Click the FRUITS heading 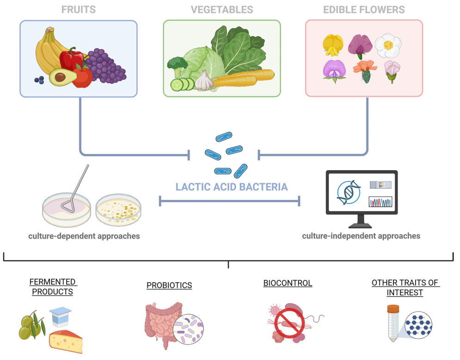click(78, 10)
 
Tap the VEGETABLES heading click(222, 10)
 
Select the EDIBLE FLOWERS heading click(364, 10)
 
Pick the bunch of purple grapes click(105, 66)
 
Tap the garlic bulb click(204, 80)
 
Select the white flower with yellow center click(388, 45)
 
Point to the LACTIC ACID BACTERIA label click(232, 187)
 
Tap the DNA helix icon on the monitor click(349, 192)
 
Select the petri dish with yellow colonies click(118, 210)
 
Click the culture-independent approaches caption click(361, 236)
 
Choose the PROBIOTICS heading click(169, 285)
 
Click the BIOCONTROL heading click(288, 283)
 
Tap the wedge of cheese click(66, 341)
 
